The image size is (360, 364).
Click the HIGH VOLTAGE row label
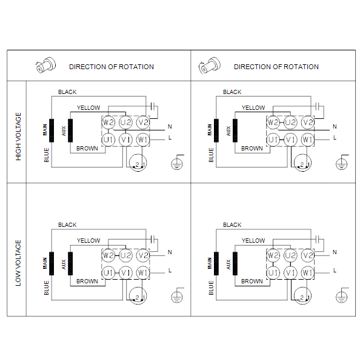[x=18, y=136]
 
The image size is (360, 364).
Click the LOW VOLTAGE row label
[x=18, y=263]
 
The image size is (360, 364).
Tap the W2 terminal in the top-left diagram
[x=108, y=123]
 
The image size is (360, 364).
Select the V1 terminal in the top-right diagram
[x=290, y=140]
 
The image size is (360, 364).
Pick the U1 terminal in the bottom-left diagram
[x=108, y=272]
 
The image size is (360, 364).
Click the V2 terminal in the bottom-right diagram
[x=308, y=255]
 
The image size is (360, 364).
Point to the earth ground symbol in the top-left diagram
[x=178, y=162]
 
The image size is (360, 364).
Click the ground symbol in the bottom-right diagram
[x=342, y=295]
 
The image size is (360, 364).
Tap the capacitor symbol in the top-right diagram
[x=318, y=106]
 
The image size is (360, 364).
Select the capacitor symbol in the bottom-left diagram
[x=153, y=239]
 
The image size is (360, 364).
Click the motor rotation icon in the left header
[x=45, y=66]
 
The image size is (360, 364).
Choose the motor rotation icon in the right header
[x=210, y=66]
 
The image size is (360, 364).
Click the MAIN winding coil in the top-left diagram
[x=52, y=130]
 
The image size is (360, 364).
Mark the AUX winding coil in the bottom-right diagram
[x=235, y=263]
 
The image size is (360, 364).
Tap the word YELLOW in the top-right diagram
[x=253, y=108]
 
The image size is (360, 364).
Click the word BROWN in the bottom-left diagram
[x=87, y=281]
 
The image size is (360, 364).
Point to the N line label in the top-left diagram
[x=170, y=127]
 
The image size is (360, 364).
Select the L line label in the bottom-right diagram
[x=335, y=271]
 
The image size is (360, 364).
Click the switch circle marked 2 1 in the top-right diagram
[x=302, y=163]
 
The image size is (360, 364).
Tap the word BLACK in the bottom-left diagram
[x=67, y=224]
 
